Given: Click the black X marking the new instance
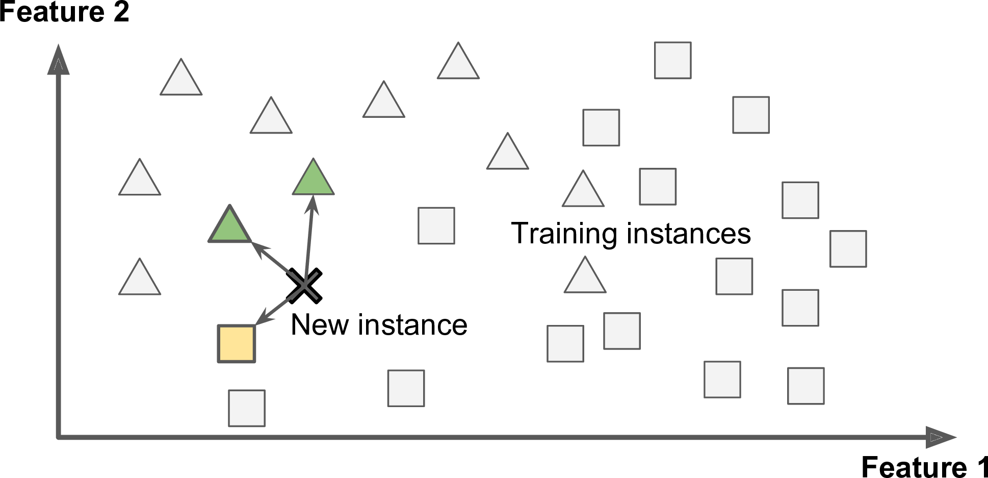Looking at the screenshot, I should point(304,286).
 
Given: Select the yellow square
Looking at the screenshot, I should point(237,344).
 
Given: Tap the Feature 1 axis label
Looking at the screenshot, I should point(924,466).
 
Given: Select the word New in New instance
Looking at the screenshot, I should point(319,325).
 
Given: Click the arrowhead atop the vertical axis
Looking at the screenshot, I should point(58,60).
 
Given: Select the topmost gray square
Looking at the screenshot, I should point(673,60).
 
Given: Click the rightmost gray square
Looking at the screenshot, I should point(848,249).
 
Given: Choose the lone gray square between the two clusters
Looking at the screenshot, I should point(436,225).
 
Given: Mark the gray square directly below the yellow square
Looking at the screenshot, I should point(247,408).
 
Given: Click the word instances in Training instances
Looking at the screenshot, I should point(689,234).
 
